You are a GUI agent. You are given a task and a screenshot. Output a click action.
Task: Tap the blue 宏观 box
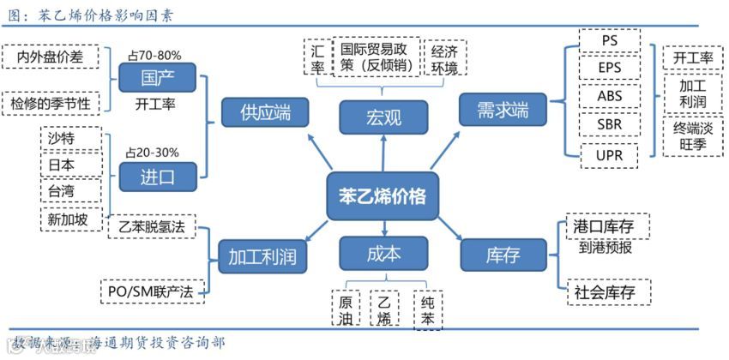(383, 117)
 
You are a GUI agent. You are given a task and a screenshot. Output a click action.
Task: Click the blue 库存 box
(503, 255)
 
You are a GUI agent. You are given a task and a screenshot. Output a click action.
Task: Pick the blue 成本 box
(383, 255)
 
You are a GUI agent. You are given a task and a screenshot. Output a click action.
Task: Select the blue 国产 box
(157, 79)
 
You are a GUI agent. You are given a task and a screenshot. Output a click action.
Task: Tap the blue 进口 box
(157, 177)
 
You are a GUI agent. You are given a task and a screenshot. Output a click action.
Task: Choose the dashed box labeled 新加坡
(72, 219)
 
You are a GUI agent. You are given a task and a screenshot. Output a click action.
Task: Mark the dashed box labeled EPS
(610, 68)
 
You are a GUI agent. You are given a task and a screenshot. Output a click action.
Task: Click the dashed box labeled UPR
(610, 155)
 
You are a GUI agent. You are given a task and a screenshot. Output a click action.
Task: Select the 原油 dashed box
(345, 310)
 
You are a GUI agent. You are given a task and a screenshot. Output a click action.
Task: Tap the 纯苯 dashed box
(428, 310)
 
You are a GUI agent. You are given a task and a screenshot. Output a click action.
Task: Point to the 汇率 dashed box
(318, 58)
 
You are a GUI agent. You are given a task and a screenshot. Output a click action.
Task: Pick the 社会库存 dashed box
(605, 291)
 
